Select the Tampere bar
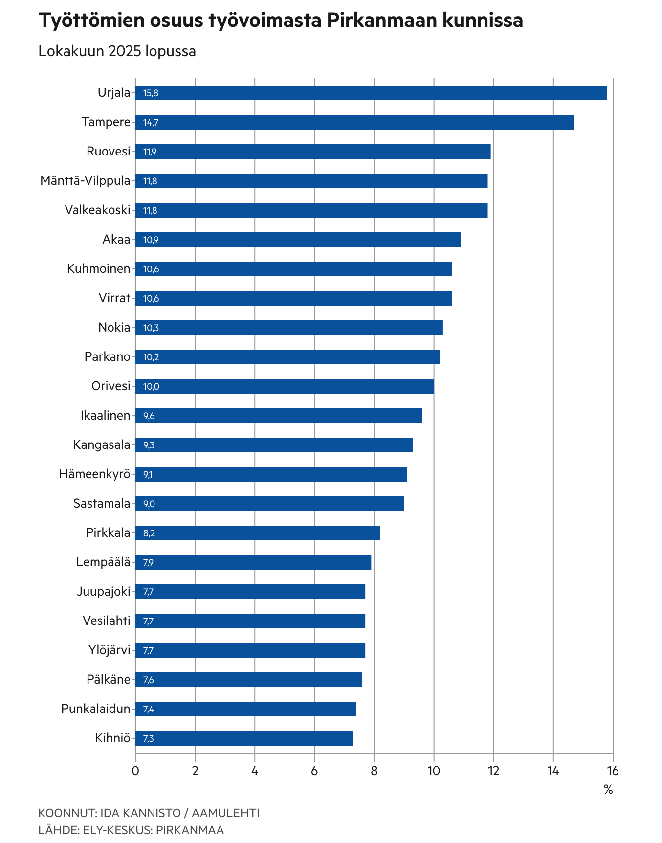point(354,122)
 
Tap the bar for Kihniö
point(244,738)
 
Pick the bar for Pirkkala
point(258,533)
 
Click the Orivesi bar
point(285,386)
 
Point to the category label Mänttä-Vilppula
point(85,181)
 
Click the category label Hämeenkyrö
point(95,474)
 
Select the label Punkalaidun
point(96,709)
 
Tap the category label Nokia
point(114,328)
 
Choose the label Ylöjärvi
point(110,650)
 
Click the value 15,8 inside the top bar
point(151,93)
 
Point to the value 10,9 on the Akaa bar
point(151,240)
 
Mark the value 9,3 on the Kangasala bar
point(149,445)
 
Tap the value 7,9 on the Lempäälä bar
point(148,563)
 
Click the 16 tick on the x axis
point(612,771)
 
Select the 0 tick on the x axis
point(135,771)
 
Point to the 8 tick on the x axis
point(374,771)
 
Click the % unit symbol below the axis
point(608,789)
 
